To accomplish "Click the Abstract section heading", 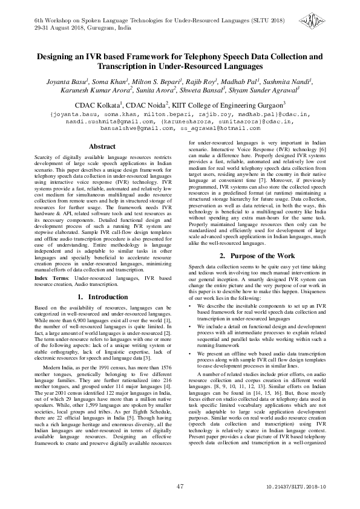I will pyautogui.click(x=102, y=147).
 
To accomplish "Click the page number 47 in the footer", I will pyautogui.click(x=180, y=486).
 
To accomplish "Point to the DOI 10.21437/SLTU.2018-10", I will pyautogui.click(x=295, y=487).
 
